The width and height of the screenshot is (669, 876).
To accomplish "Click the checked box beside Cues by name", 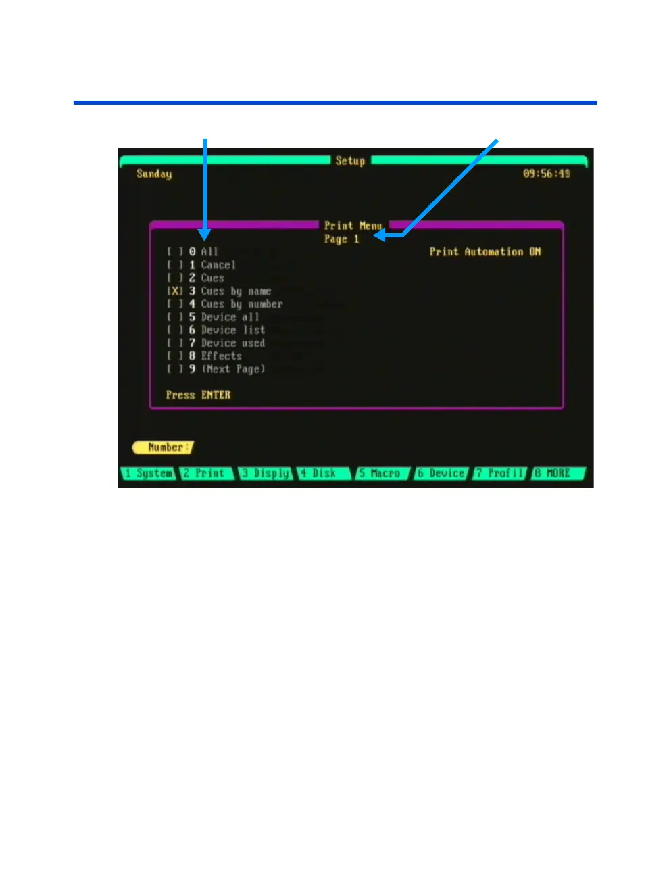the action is coord(175,291).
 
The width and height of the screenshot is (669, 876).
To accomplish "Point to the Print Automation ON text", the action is coord(485,252).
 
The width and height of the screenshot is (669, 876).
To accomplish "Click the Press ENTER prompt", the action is coord(198,395).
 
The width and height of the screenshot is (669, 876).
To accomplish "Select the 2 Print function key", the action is coord(205,473).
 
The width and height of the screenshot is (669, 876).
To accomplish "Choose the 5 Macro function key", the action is coord(382,473).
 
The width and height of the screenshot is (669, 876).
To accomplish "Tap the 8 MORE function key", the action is coord(557,473).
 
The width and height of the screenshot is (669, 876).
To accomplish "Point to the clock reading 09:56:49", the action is coord(546,174).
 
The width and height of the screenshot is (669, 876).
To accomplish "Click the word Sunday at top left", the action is coord(154,174).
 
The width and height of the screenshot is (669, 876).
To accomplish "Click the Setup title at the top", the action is coord(350,161).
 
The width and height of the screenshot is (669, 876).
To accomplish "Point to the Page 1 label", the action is coord(341,239).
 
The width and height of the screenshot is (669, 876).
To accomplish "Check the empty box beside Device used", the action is coord(175,343).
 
